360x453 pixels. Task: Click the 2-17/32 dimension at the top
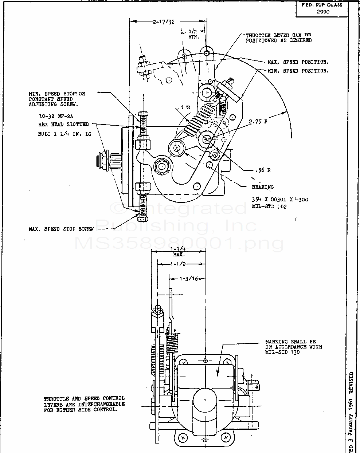164,22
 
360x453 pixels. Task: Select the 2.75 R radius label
258,122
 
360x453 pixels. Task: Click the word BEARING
262,187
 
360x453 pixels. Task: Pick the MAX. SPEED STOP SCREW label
61,229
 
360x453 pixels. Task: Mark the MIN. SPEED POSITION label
298,71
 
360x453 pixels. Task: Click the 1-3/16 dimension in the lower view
188,279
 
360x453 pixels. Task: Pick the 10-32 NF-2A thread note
56,117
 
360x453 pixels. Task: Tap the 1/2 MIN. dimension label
193,35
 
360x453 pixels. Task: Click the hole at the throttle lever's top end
207,53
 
